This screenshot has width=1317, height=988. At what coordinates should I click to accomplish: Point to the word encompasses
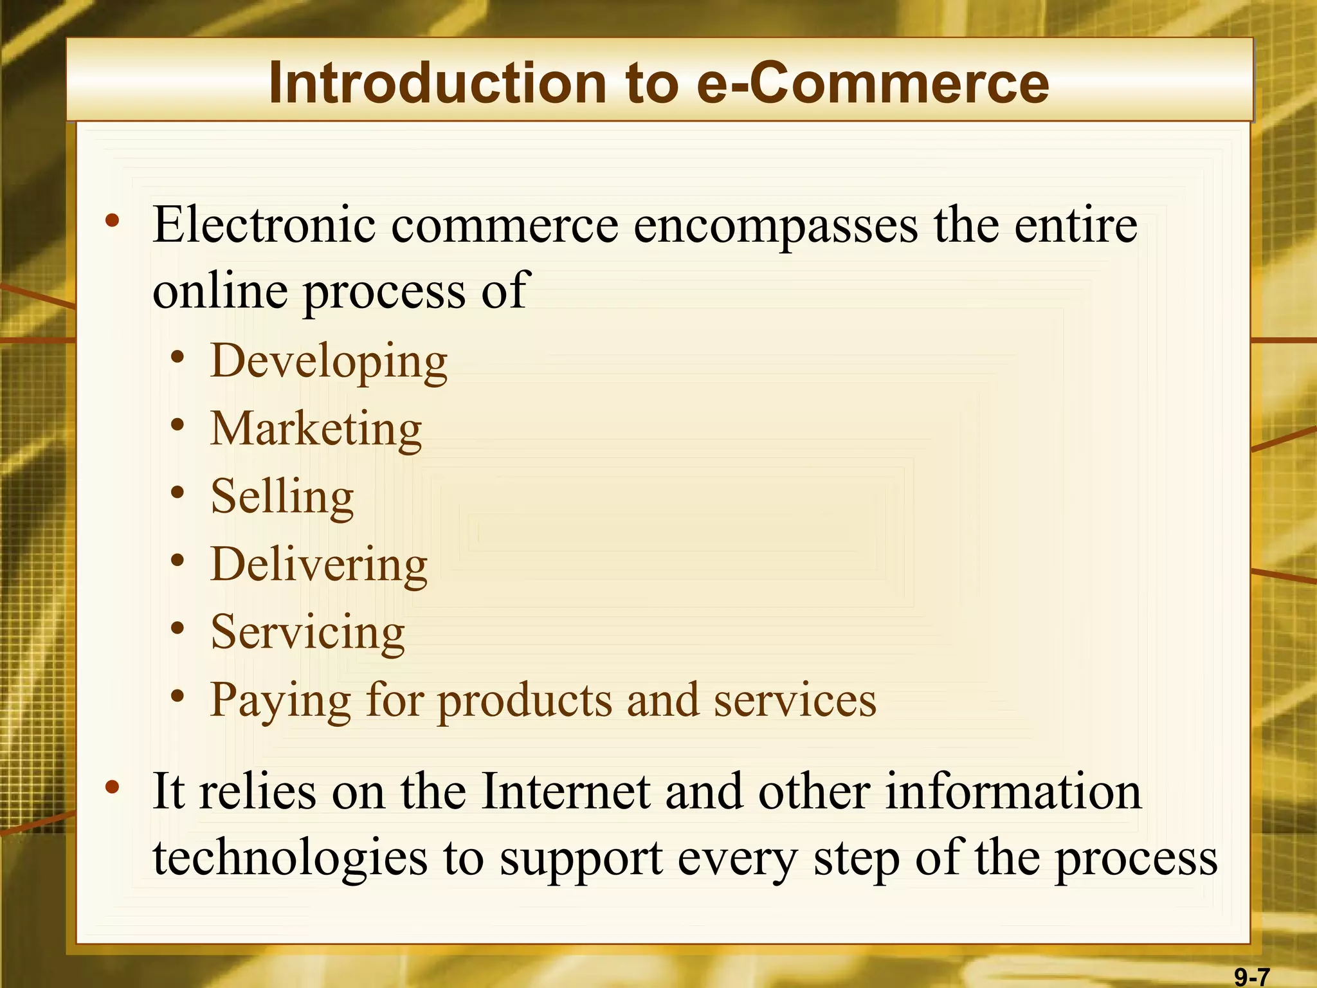776,226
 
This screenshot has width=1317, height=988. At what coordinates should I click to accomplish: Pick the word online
219,291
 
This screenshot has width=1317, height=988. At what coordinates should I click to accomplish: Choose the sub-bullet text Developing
329,362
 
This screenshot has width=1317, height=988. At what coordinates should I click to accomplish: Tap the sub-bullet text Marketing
316,429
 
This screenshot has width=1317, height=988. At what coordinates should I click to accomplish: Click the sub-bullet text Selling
282,497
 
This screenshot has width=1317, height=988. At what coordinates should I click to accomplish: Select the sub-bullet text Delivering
319,565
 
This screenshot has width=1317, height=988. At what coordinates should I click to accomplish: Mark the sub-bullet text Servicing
307,633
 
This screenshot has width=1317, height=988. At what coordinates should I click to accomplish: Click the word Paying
280,701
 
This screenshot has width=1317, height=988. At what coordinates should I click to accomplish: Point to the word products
524,701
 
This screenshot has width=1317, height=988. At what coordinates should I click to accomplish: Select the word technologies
289,859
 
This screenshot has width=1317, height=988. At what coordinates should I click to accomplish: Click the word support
581,860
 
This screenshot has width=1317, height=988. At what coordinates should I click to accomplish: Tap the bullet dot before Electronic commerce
113,221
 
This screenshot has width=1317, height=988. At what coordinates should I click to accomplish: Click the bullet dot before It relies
113,787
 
